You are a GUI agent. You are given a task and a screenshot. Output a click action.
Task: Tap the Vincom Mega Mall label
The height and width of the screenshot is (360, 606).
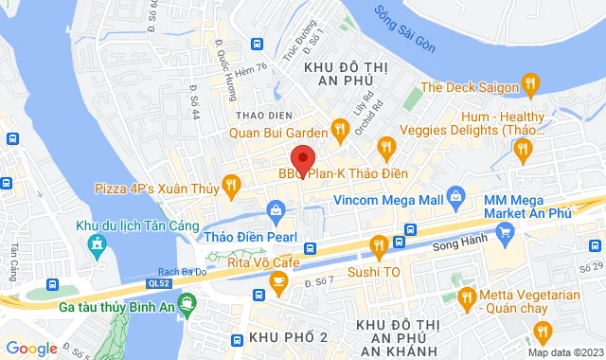point(389,201)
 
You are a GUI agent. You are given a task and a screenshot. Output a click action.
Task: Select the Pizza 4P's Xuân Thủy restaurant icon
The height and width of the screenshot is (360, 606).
point(229,188)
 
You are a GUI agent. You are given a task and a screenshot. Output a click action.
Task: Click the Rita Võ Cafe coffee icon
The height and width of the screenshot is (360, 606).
point(277,281)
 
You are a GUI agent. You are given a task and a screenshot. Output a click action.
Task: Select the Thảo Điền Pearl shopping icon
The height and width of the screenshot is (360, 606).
point(275,208)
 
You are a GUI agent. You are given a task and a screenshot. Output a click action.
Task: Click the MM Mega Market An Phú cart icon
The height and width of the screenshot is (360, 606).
point(506,231)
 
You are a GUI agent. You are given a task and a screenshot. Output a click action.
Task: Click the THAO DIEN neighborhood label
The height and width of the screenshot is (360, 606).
point(256,114)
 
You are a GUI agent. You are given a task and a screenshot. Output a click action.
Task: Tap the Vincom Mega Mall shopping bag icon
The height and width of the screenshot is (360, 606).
point(455,201)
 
